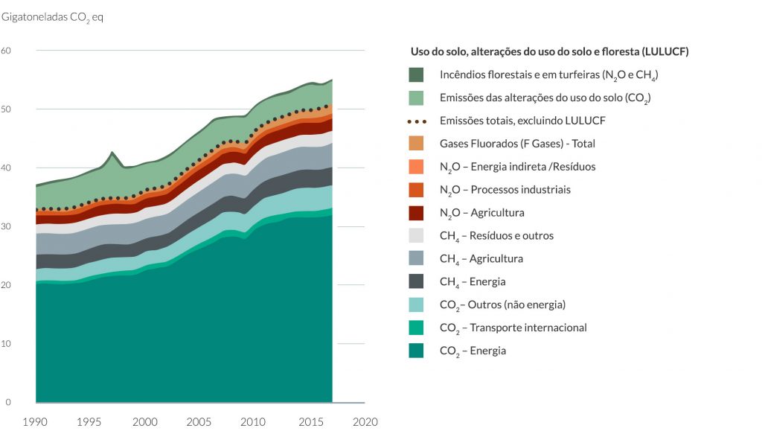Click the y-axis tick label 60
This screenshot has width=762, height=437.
6,51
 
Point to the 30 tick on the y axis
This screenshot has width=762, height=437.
6,226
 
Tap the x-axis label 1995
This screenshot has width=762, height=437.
89,422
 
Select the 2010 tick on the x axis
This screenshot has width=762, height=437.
253,422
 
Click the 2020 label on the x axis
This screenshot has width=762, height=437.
365,422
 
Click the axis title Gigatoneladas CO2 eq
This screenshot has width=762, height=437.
53,18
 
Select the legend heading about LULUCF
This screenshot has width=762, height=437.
550,51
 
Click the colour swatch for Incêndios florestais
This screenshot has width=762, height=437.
416,74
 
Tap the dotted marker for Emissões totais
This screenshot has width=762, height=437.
417,121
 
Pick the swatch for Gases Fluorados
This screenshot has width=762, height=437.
416,144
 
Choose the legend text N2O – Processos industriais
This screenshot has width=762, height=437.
505,190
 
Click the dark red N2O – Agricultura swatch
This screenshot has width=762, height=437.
416,213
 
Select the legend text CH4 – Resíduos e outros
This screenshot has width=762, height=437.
496,236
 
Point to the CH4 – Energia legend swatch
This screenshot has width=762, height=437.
416,281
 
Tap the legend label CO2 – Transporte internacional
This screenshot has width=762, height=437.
513,328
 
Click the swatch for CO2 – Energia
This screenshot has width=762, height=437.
416,351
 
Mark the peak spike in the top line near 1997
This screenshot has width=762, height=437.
112,152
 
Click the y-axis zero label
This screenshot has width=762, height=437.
7,403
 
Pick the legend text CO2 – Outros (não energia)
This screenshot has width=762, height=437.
502,305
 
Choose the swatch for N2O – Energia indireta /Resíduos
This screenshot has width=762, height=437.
416,167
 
